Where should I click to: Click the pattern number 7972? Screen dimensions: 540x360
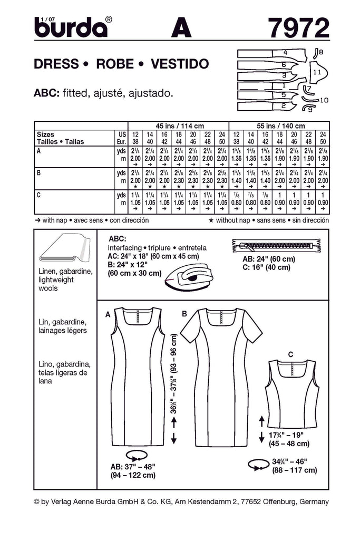(x=298, y=27)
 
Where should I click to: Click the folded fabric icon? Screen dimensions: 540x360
(x=63, y=250)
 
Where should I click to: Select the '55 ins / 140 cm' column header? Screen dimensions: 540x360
(x=279, y=126)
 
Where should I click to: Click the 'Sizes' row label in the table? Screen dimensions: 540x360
(x=46, y=134)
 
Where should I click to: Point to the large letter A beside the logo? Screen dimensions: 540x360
(x=181, y=27)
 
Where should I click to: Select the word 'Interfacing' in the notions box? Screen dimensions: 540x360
(x=124, y=247)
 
